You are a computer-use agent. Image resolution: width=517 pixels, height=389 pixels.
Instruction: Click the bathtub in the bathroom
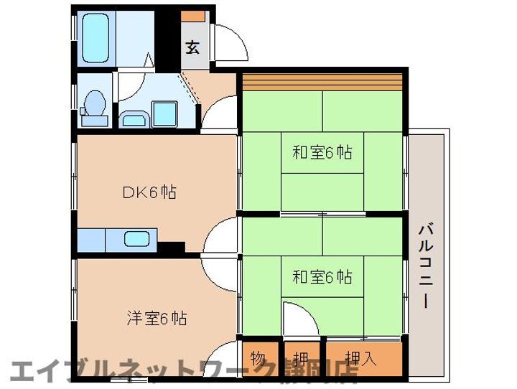(96, 38)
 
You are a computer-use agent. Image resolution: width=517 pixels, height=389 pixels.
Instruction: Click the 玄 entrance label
(192, 47)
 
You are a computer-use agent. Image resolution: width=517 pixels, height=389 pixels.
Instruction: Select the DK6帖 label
(149, 192)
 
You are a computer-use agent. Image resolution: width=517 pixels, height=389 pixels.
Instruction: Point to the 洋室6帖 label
(157, 319)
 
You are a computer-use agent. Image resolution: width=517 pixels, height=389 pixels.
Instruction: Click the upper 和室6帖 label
(322, 152)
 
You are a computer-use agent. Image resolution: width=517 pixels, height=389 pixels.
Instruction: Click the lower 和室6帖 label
(322, 277)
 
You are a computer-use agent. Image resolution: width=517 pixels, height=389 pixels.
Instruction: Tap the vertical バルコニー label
(427, 266)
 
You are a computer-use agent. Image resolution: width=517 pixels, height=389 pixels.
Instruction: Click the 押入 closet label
(361, 358)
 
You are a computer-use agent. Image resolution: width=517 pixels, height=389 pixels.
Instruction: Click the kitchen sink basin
(137, 239)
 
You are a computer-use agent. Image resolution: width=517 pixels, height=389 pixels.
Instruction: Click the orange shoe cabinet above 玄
(193, 17)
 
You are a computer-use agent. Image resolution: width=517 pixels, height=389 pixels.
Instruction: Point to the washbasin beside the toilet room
(134, 119)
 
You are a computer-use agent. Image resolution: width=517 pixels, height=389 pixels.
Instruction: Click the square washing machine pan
(164, 114)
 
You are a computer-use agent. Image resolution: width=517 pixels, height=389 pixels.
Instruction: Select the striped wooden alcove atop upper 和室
(322, 82)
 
